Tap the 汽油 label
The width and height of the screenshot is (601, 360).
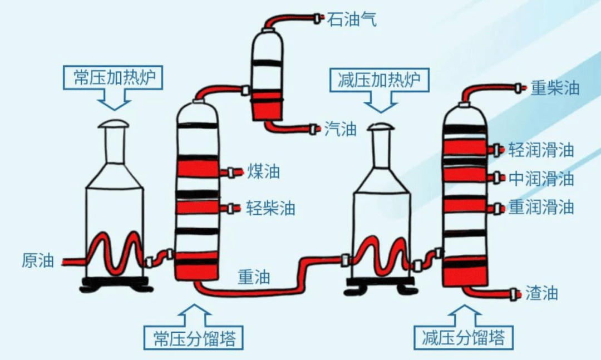[x=340, y=130]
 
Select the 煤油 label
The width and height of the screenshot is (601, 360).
[x=263, y=172]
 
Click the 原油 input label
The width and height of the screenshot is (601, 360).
[x=38, y=260]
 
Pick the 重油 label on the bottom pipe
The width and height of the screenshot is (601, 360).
[x=254, y=277]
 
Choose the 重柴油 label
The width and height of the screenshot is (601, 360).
[x=555, y=88]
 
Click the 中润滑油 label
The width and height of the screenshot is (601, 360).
[x=541, y=179]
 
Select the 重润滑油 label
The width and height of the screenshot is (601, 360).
[x=541, y=208]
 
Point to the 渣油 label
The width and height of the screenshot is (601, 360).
[x=541, y=293]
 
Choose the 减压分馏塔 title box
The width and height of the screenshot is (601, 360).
[x=463, y=338]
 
